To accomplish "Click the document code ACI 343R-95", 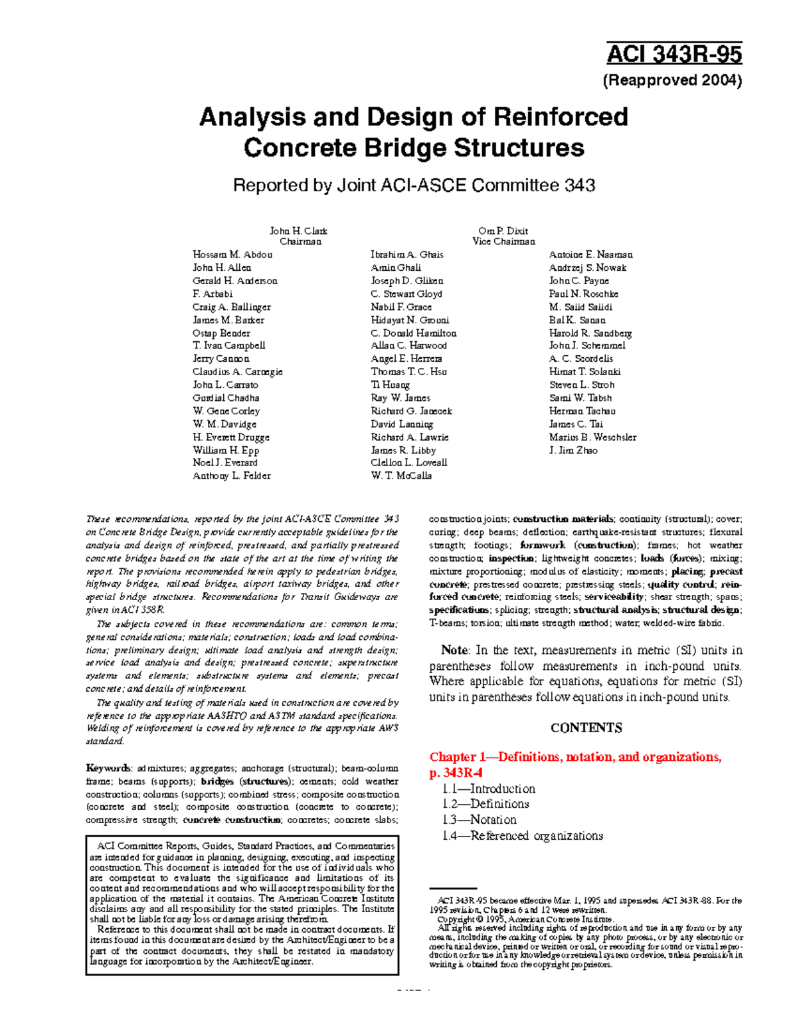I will (x=674, y=54).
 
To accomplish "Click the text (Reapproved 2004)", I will (x=671, y=81).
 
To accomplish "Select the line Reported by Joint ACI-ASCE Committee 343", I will (x=413, y=185).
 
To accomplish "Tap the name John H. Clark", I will (x=298, y=231).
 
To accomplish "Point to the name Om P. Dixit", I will (x=503, y=231).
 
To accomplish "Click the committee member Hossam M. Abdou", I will (x=232, y=255).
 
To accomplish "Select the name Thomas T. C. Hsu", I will (x=408, y=372).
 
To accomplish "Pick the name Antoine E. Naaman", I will (x=590, y=255).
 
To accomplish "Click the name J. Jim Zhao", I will (x=573, y=450).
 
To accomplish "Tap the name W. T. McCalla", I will (x=401, y=476).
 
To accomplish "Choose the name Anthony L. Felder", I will (x=231, y=476).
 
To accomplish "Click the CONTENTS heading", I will (x=586, y=728).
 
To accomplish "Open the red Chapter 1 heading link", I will (x=575, y=757).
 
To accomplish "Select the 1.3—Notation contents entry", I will (x=479, y=820).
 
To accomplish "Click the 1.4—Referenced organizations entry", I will (x=522, y=836).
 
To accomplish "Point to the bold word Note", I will (x=454, y=651).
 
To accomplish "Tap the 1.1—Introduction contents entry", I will (x=488, y=789).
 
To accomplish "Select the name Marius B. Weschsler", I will (x=592, y=437).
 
